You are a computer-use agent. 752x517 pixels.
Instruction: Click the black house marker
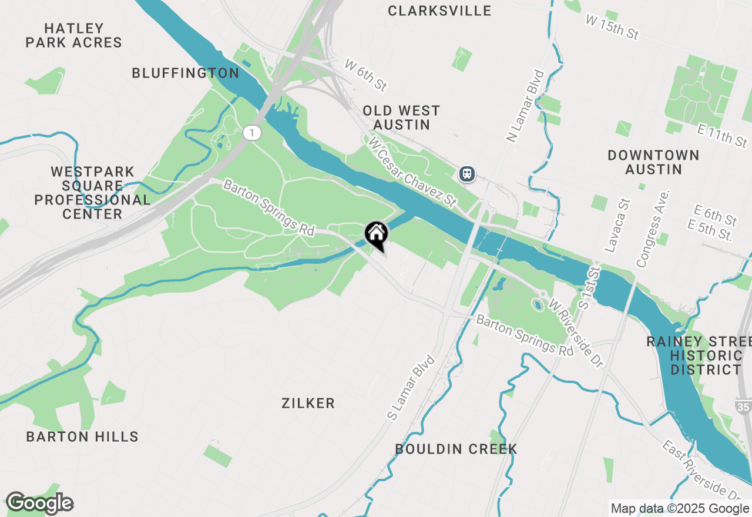pos(376,234)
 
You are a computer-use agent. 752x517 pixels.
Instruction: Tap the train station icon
pos(467,174)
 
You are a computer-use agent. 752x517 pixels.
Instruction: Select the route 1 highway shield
pos(251,133)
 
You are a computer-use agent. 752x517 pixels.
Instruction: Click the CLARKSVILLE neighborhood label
pos(440,11)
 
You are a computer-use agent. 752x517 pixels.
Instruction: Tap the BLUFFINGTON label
pos(186,73)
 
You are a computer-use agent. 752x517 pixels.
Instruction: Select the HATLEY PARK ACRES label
pos(74,35)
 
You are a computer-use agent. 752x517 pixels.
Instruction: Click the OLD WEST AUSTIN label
pos(401,117)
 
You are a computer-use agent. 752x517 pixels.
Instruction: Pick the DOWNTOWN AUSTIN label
pos(653,162)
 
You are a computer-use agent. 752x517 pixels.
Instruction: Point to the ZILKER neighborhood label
pos(308,403)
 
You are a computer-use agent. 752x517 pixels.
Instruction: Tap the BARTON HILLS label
pos(82,437)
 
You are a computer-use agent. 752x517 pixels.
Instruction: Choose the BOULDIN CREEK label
pos(456,449)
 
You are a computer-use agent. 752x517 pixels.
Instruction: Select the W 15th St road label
pos(612,27)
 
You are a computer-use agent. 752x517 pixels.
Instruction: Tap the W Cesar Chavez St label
pos(412,172)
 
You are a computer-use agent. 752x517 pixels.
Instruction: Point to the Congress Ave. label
pos(653,229)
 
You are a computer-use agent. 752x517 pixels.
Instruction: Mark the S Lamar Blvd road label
pos(411,387)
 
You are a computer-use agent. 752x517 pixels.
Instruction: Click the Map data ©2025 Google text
pos(680,509)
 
